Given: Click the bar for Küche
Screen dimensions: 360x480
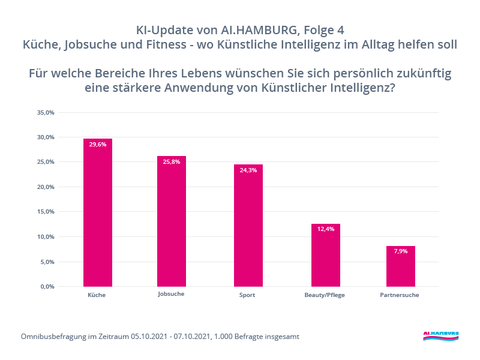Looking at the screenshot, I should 98,212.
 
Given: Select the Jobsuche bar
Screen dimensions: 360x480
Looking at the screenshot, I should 172,221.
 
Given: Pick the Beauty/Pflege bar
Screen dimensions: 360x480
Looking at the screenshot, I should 326,255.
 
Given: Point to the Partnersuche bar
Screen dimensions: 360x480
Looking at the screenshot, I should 400,266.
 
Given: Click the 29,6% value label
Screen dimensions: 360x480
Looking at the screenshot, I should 98,145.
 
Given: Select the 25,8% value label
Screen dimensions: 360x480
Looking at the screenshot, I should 172,162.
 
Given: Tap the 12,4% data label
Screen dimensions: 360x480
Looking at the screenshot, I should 326,230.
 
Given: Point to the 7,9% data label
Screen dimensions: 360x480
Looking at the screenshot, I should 400,251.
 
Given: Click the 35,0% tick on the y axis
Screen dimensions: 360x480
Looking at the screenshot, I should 46,112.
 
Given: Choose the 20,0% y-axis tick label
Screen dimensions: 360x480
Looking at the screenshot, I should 46,187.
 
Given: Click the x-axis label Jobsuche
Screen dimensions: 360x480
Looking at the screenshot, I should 171,294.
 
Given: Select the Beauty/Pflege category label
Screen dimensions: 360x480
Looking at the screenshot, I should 325,295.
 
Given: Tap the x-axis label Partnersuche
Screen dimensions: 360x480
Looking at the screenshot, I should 400,295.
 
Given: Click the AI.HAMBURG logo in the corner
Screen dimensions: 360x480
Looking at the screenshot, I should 440,335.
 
